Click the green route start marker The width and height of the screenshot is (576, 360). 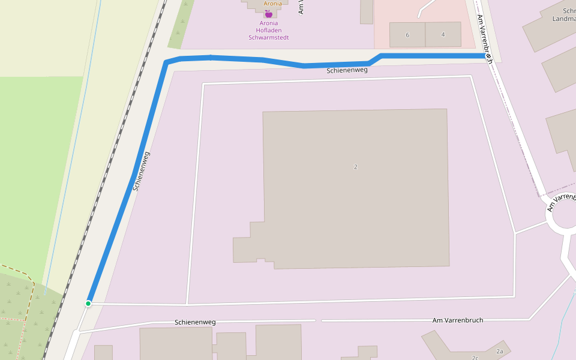point(88,304)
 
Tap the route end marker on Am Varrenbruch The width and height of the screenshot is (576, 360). point(489,56)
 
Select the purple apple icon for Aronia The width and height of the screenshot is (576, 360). point(268,13)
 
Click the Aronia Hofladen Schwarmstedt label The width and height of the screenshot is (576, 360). point(268,31)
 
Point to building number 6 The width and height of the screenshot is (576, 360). point(407,35)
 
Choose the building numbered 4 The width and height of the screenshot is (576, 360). point(443,34)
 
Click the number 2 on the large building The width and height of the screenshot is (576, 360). point(356,167)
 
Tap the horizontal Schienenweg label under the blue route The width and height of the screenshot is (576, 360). point(347,71)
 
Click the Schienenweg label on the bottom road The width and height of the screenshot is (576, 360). point(195,322)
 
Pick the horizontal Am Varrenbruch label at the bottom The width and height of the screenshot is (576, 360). point(457,320)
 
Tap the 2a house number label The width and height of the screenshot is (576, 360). point(499,351)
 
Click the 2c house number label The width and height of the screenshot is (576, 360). point(475,358)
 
